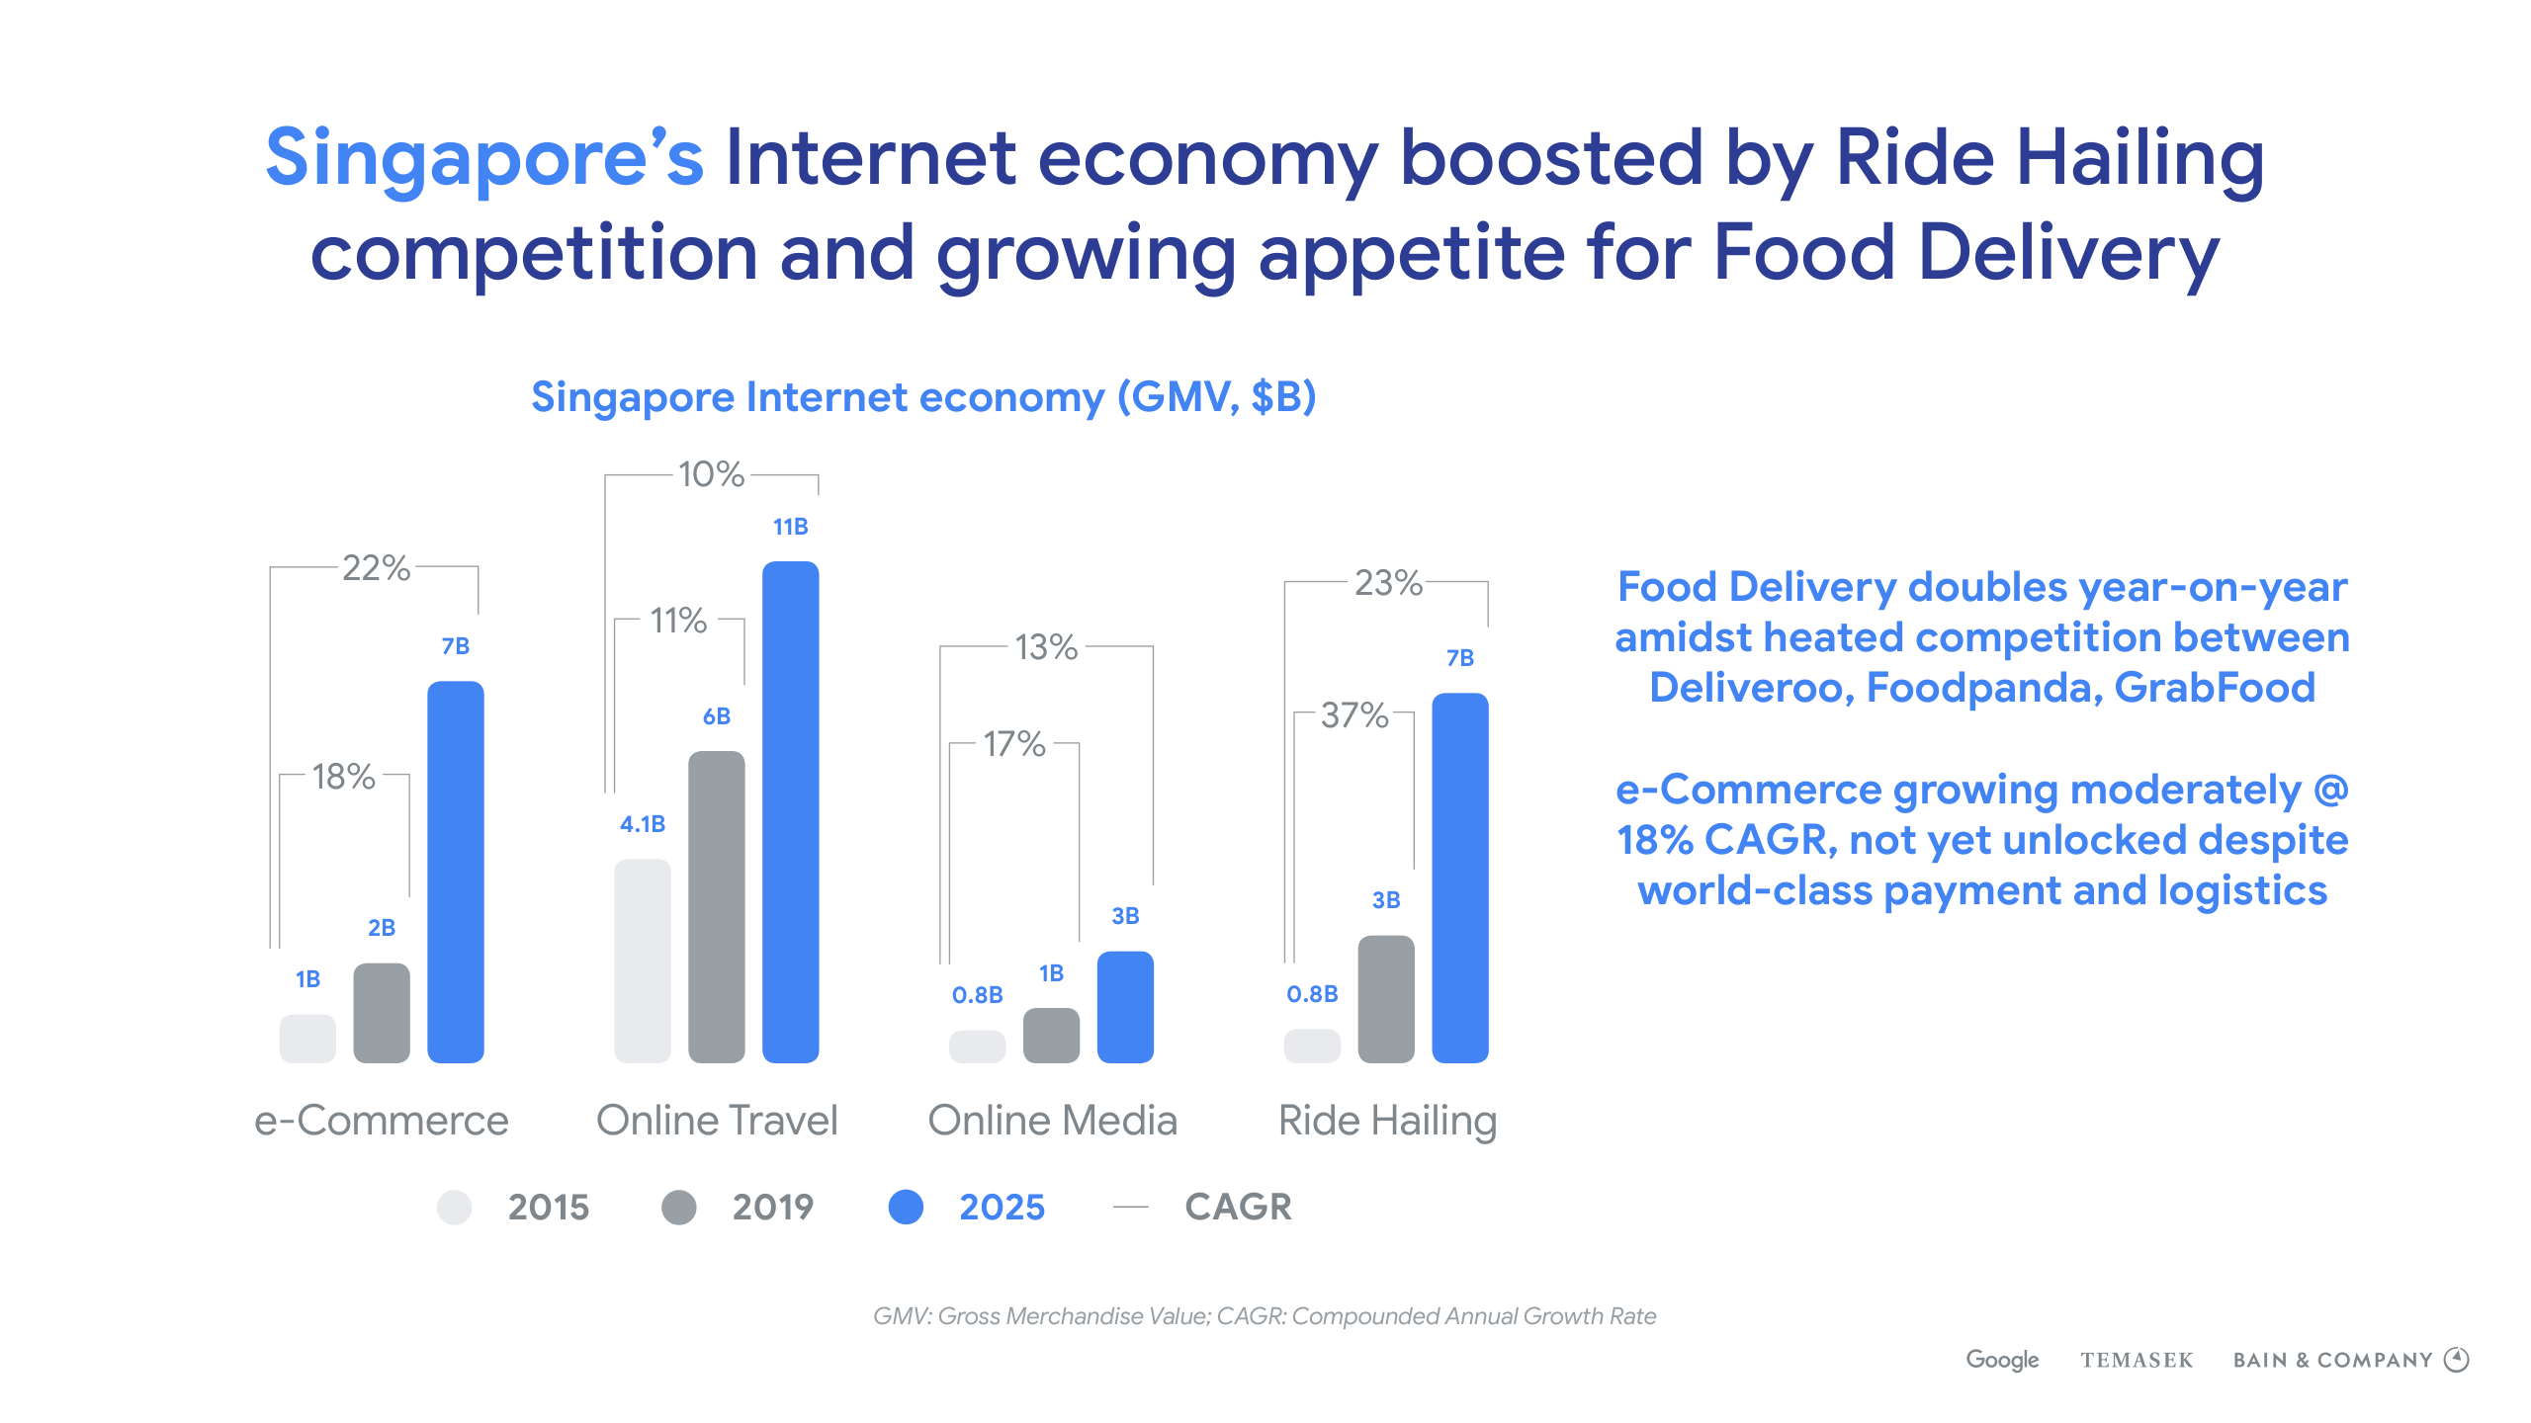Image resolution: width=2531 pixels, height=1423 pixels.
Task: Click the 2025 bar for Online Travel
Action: pyautogui.click(x=790, y=811)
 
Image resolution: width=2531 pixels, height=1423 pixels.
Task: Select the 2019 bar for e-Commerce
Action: pyautogui.click(x=382, y=1013)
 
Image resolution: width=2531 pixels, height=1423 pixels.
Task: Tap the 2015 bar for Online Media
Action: pyautogui.click(x=977, y=1046)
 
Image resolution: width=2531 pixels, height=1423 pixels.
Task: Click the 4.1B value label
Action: pyautogui.click(x=643, y=824)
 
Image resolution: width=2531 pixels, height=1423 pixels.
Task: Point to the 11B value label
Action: pyautogui.click(x=790, y=527)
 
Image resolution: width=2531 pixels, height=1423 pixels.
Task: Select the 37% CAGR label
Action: pyautogui.click(x=1354, y=714)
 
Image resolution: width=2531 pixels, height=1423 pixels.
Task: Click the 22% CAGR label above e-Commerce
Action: pyautogui.click(x=376, y=568)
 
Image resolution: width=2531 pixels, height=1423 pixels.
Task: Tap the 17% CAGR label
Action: pyautogui.click(x=1013, y=743)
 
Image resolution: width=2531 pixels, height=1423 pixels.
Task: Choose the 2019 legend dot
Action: pyautogui.click(x=679, y=1207)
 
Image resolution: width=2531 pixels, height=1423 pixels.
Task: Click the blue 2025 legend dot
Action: pyautogui.click(x=906, y=1207)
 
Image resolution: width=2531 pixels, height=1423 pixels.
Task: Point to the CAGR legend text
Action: pyautogui.click(x=1238, y=1207)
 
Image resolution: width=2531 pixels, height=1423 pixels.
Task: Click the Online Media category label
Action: pyautogui.click(x=1052, y=1121)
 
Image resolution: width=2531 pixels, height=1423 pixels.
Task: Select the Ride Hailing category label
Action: pyautogui.click(x=1387, y=1121)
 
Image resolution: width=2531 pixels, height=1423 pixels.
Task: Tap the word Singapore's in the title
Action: pyautogui.click(x=484, y=158)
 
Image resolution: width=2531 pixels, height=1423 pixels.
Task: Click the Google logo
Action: pyautogui.click(x=2002, y=1360)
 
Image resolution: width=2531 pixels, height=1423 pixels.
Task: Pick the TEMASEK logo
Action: pyautogui.click(x=2137, y=1361)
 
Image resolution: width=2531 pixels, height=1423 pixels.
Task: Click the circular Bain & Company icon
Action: pyautogui.click(x=2457, y=1360)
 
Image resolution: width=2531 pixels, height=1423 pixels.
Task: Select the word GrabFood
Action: pyautogui.click(x=2215, y=688)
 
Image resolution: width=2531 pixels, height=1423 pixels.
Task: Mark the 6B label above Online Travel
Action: pyautogui.click(x=717, y=716)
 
